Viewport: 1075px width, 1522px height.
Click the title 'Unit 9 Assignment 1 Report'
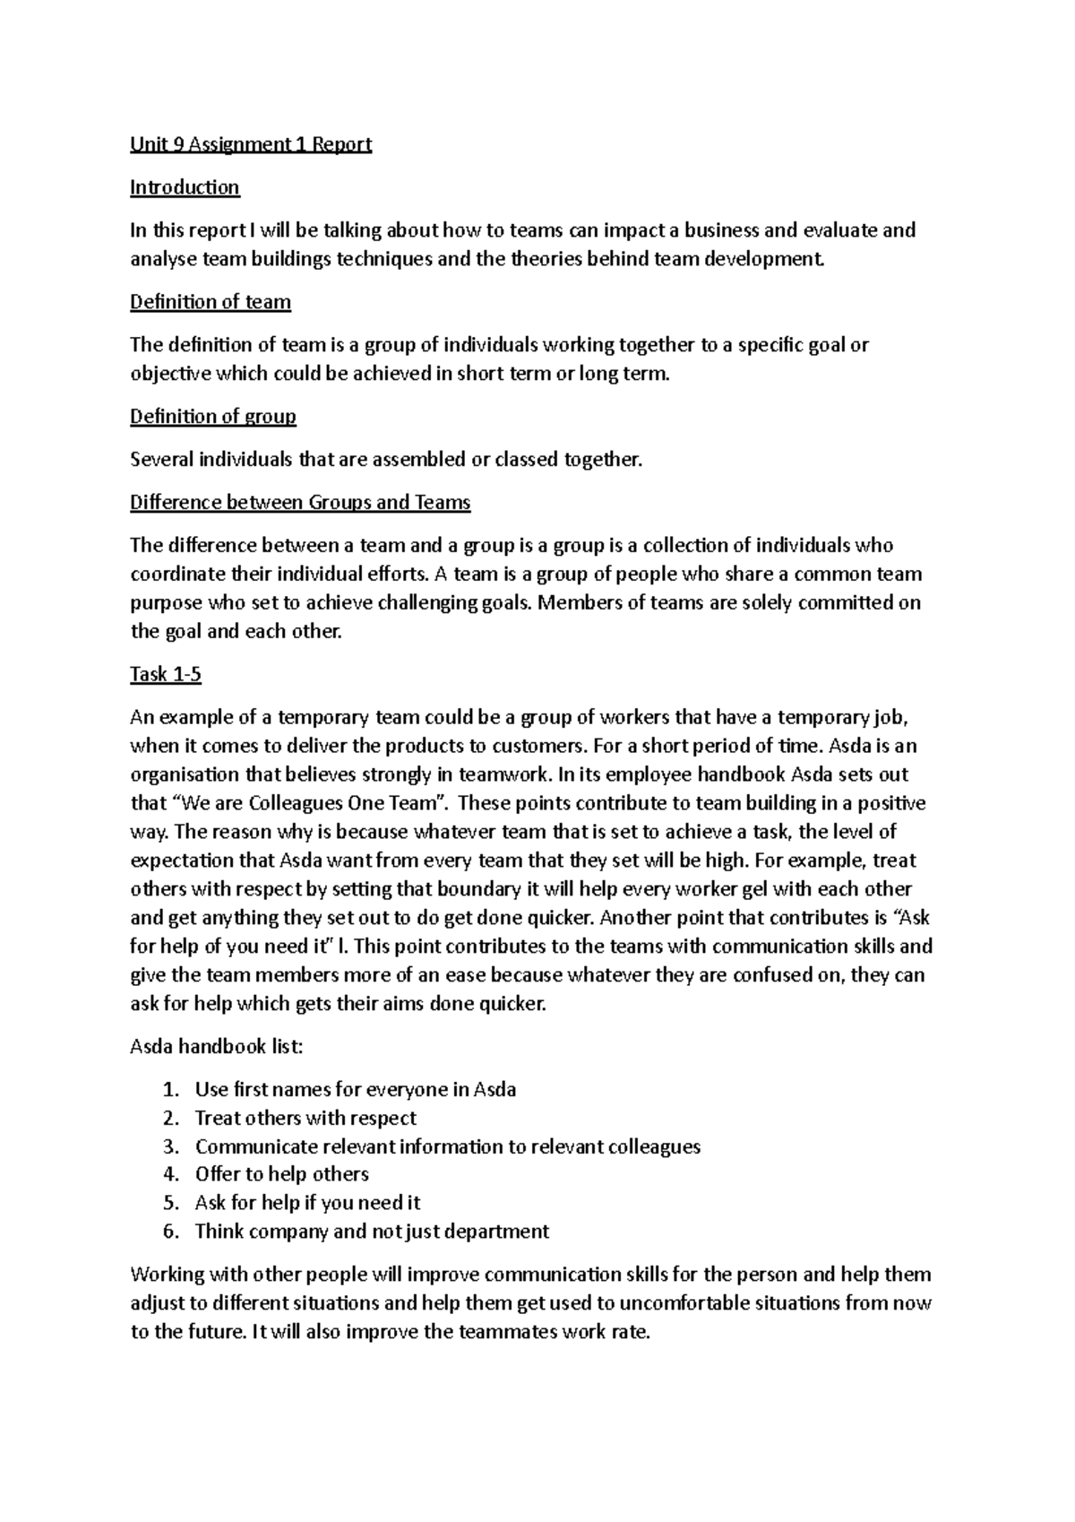[250, 144]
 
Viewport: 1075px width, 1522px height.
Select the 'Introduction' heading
[185, 187]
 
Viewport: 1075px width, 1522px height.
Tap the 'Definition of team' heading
[211, 302]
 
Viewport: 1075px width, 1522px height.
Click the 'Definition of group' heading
[212, 417]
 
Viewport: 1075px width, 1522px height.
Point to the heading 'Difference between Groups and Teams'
[300, 503]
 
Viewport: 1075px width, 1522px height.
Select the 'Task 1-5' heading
[166, 675]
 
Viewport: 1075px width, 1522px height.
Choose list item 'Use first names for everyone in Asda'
[355, 1090]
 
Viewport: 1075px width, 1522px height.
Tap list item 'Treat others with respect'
[305, 1119]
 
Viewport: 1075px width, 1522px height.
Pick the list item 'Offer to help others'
[281, 1174]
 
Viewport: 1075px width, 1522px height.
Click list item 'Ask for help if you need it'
[307, 1203]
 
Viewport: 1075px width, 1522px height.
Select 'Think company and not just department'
[372, 1232]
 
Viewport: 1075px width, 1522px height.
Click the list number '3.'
[172, 1147]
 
